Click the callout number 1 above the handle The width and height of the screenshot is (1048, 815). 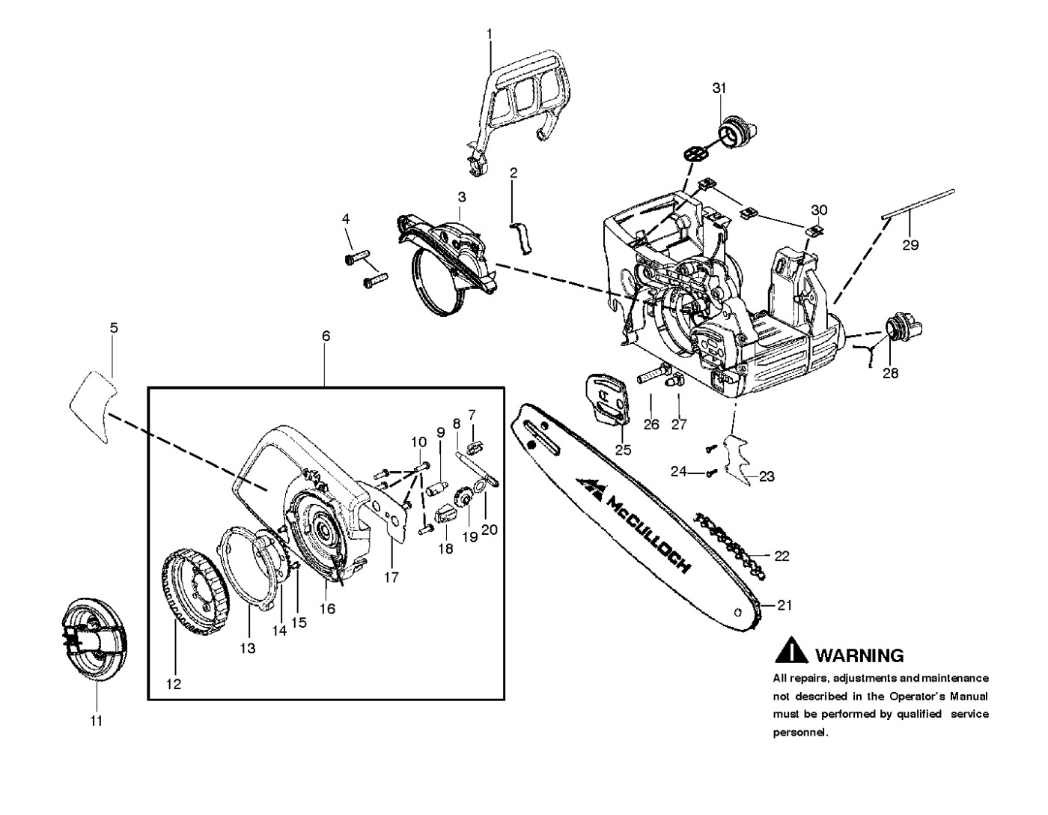(x=490, y=34)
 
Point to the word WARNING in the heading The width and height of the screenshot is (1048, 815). (x=859, y=655)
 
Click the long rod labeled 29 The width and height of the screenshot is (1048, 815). (x=919, y=204)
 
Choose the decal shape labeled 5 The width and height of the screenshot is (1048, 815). (x=94, y=405)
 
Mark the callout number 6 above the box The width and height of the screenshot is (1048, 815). (x=326, y=336)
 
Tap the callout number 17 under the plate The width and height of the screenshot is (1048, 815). (x=391, y=577)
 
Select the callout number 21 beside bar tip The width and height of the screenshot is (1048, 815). (x=785, y=605)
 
